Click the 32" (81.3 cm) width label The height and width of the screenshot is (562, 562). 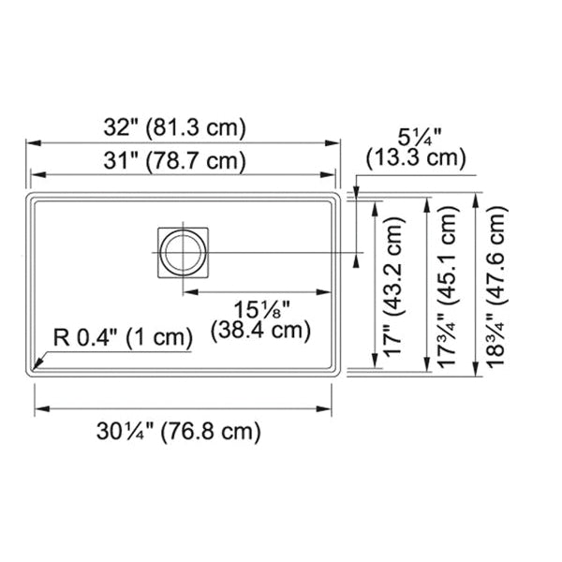175,127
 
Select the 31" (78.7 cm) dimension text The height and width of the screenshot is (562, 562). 175,160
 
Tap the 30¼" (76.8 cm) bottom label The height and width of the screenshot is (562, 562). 179,431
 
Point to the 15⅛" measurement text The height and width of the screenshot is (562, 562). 261,309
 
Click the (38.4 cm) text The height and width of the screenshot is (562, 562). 260,331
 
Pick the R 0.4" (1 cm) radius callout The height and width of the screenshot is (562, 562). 123,337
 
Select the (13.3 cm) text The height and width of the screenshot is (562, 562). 416,157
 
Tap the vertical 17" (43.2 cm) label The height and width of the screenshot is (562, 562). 394,286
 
